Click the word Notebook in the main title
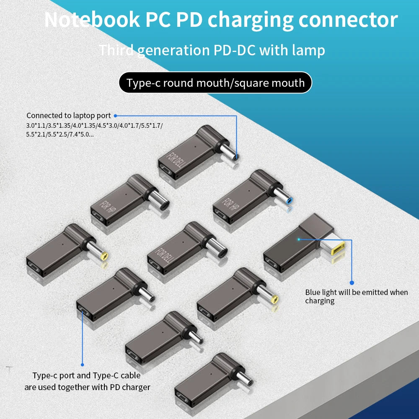(x=92, y=20)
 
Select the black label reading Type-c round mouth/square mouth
(x=215, y=83)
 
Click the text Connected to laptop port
(x=68, y=115)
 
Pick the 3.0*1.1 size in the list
(x=36, y=125)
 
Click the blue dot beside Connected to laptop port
(x=115, y=115)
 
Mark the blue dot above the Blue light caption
(x=352, y=283)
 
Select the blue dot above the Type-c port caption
(x=82, y=365)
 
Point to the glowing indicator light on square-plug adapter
(x=299, y=239)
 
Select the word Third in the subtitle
(x=116, y=50)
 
